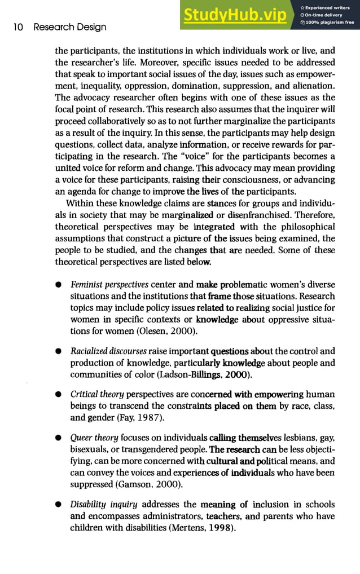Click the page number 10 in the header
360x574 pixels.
click(17, 27)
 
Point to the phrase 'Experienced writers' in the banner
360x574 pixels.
click(331, 6)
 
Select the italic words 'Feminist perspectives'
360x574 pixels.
click(109, 284)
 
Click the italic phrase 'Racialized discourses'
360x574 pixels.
click(109, 351)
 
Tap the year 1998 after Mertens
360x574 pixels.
click(217, 528)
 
